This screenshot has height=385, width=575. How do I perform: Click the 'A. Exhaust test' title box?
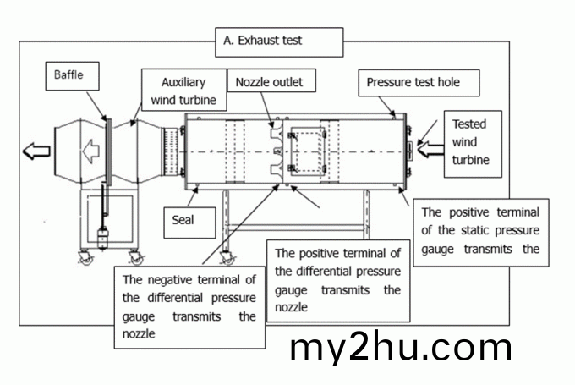(280, 41)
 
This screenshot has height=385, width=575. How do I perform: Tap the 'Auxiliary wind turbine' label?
(184, 91)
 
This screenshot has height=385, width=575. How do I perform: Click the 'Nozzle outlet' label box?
(269, 82)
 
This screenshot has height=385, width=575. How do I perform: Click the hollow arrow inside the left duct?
(90, 153)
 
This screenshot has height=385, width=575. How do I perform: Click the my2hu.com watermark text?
(401, 347)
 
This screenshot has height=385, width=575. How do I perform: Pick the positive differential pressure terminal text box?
(337, 279)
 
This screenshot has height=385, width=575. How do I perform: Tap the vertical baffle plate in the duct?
(109, 152)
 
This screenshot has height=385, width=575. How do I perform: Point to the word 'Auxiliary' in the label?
(184, 83)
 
